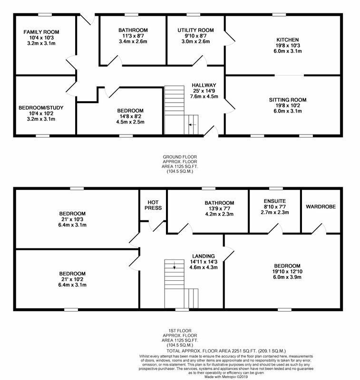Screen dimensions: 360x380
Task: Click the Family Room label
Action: [41, 32]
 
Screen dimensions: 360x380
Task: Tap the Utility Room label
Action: [195, 30]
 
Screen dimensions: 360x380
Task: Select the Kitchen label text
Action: [287, 40]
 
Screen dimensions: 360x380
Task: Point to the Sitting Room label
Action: [287, 100]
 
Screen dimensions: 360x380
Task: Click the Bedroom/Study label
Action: [41, 108]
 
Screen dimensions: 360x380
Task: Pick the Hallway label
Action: [204, 85]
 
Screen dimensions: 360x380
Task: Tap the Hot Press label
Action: [153, 205]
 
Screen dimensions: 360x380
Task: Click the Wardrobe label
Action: [321, 207]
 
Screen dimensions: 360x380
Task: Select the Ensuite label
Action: [275, 201]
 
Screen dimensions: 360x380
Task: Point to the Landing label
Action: [203, 256]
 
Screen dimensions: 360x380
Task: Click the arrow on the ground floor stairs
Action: [192, 125]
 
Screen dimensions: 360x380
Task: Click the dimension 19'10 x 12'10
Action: [287, 272]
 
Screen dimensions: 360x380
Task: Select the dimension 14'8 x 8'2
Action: [130, 116]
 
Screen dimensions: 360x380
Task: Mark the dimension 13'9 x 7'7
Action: [219, 209]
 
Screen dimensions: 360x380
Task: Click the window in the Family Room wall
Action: [45, 15]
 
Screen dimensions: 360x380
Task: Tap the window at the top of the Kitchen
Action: [279, 15]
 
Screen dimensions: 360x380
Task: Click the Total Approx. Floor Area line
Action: [226, 351]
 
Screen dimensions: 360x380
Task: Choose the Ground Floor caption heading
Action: [180, 157]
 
